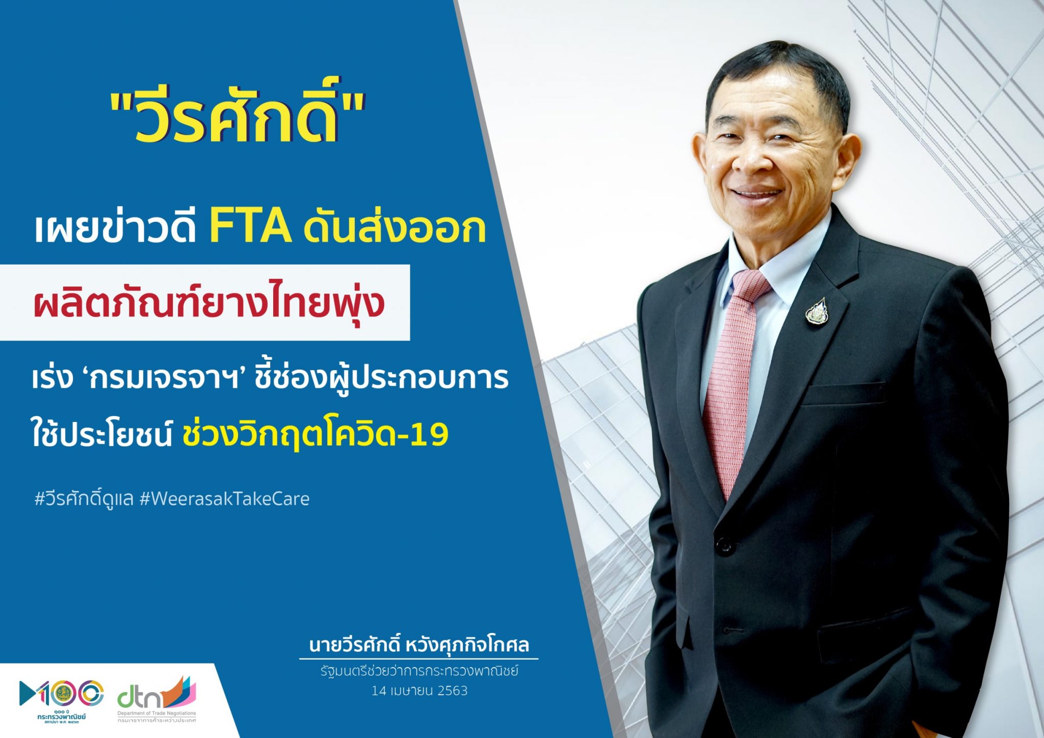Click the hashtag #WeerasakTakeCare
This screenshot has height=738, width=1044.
click(224, 498)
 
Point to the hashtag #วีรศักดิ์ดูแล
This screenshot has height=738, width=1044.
click(84, 498)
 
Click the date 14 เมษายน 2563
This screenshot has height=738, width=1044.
click(419, 691)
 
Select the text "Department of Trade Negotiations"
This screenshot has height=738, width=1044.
click(156, 714)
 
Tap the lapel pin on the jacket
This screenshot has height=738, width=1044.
click(816, 311)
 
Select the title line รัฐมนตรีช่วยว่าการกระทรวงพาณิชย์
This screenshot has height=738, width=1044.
click(419, 671)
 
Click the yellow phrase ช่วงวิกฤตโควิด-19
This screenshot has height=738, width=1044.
click(315, 435)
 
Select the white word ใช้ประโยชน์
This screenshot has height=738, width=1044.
click(102, 435)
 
